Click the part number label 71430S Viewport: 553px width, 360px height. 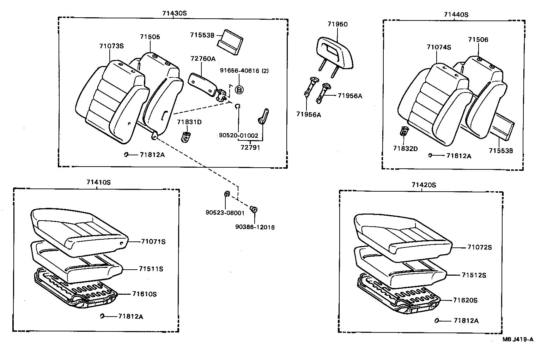(x=174, y=13)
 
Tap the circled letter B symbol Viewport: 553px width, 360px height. (x=239, y=90)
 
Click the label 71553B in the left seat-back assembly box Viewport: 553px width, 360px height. (x=202, y=35)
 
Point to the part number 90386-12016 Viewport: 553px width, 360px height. (x=255, y=227)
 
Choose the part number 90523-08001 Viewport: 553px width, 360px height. (x=225, y=212)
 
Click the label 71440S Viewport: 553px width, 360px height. (x=456, y=14)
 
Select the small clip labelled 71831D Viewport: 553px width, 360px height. (x=186, y=136)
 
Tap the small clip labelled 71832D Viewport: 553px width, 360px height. (x=404, y=132)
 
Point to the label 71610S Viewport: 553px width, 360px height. (x=144, y=294)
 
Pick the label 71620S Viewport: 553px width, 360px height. (x=465, y=300)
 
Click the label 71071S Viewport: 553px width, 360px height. (x=153, y=241)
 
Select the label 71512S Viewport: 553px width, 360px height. (x=474, y=275)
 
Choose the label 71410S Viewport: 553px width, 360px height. (x=98, y=182)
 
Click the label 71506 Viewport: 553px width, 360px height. (x=478, y=40)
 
